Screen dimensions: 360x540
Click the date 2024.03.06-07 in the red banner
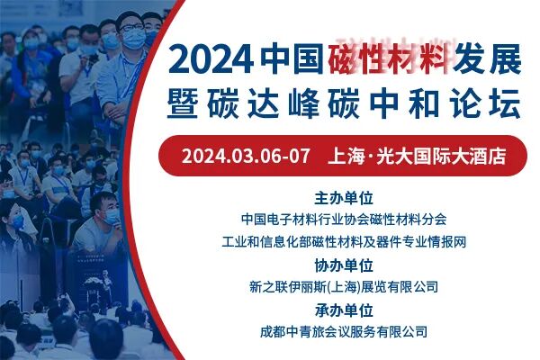tap(246, 155)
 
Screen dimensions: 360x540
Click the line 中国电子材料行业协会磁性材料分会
tap(344, 219)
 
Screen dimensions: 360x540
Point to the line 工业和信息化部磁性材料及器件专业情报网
tap(344, 241)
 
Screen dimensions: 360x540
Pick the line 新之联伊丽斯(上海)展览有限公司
tap(344, 287)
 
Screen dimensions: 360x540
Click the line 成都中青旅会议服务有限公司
tap(344, 331)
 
